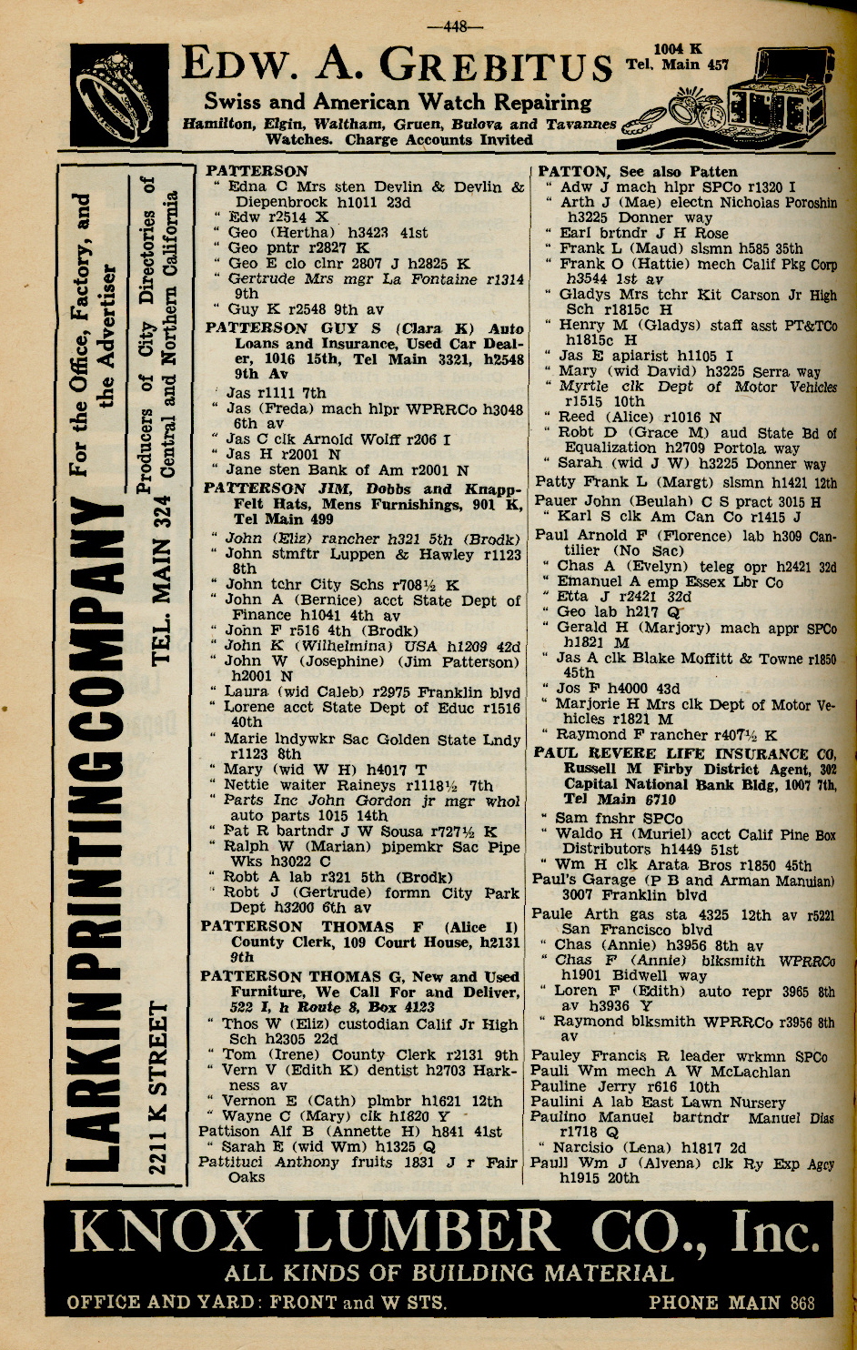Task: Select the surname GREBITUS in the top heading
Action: pyautogui.click(x=495, y=65)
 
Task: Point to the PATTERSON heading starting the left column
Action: pyautogui.click(x=257, y=170)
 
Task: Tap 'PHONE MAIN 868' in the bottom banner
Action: pyautogui.click(x=731, y=1303)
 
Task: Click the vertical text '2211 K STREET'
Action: pyautogui.click(x=159, y=1088)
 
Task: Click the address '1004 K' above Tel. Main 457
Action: pyautogui.click(x=678, y=48)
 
